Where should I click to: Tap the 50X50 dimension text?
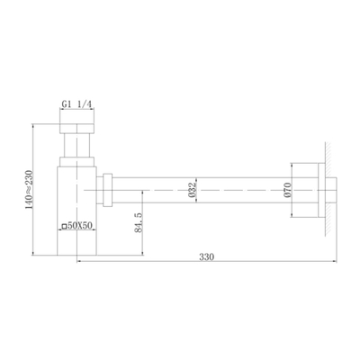[77, 227]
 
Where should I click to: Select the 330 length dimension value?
[208, 256]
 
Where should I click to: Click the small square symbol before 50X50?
[62, 227]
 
